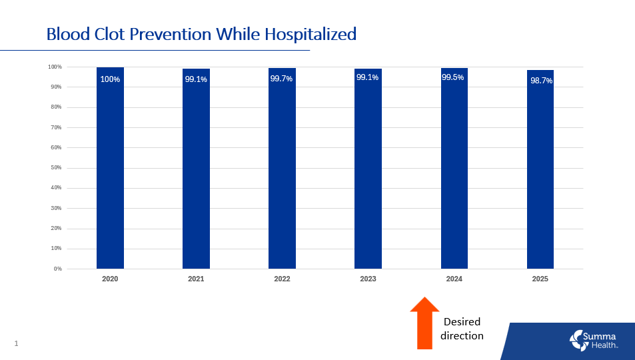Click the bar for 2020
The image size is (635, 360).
(x=110, y=173)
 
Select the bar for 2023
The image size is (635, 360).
(x=368, y=173)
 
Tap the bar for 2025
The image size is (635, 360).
(x=540, y=173)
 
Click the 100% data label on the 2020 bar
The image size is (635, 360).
(x=110, y=79)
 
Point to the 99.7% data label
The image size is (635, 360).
(x=281, y=79)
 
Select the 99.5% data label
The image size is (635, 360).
(x=453, y=77)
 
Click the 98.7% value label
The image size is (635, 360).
(x=540, y=81)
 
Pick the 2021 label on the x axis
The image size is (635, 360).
(x=196, y=279)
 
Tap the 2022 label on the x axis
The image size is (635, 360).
(x=282, y=279)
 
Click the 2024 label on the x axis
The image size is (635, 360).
(x=454, y=279)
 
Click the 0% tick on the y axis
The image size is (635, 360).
(x=57, y=269)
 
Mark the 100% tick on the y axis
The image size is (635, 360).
(x=54, y=67)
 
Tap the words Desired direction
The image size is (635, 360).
(x=462, y=329)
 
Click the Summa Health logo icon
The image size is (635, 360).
(x=576, y=339)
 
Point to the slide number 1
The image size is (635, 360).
(x=16, y=343)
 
